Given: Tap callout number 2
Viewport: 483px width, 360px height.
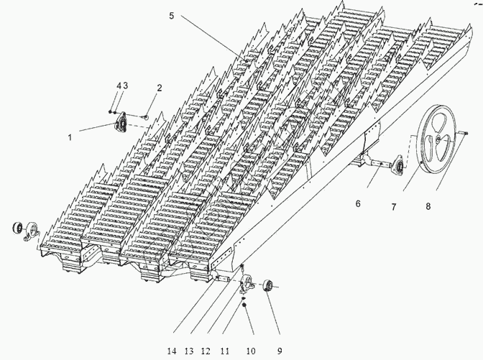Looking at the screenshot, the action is point(160,88).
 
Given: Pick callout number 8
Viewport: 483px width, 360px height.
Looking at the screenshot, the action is point(428,206).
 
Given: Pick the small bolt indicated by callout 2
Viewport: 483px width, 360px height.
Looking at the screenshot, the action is point(146,117).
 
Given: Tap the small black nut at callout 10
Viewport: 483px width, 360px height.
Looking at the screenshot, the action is point(245,305).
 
